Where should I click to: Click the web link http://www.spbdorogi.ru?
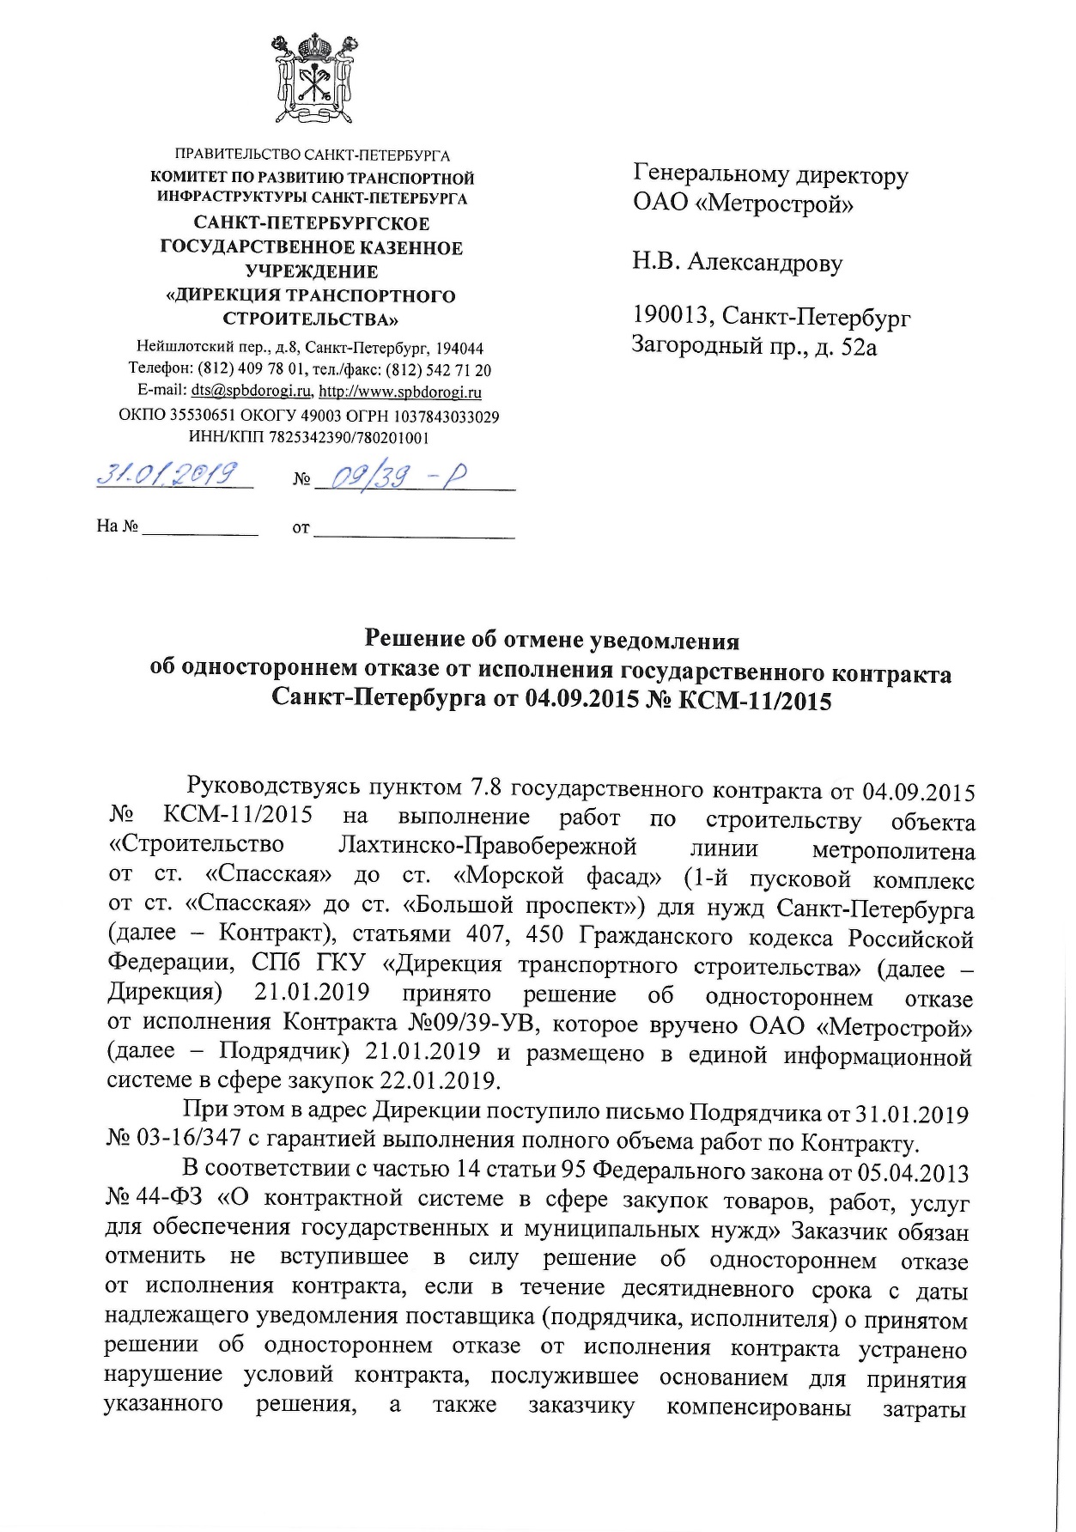pos(399,392)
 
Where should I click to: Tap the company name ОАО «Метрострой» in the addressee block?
pos(744,204)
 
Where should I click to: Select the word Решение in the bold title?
pos(413,640)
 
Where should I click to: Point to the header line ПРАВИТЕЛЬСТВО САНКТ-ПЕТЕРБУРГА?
pos(313,155)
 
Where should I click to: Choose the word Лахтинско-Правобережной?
pos(488,846)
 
